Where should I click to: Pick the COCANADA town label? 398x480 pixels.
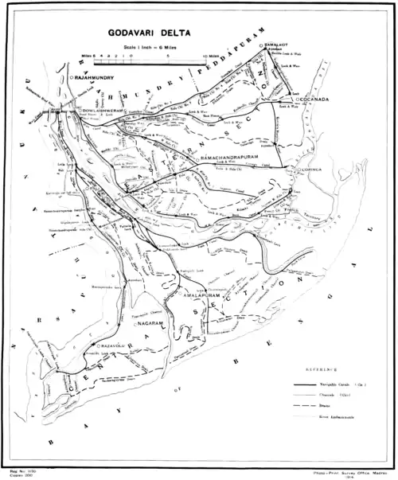click(318, 100)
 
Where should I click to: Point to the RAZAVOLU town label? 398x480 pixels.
click(114, 347)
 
